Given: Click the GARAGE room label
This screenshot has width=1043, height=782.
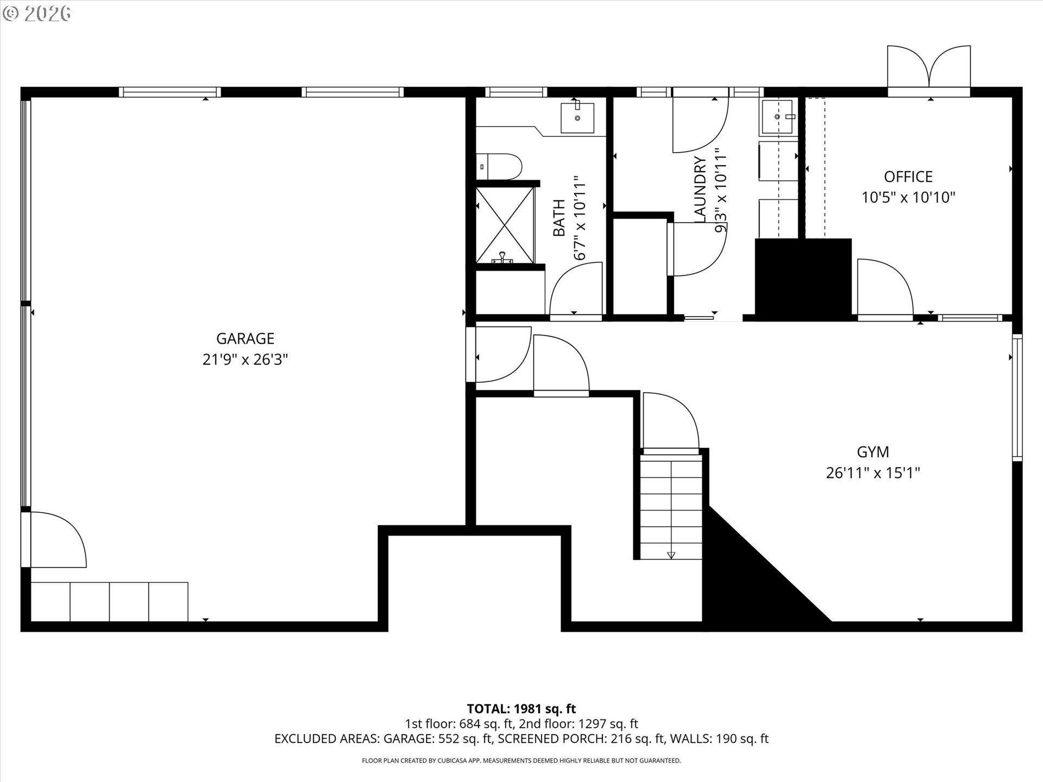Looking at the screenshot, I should click(x=245, y=338).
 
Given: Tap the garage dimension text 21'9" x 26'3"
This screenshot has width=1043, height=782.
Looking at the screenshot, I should click(x=245, y=360).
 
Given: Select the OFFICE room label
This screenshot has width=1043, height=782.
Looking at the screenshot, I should click(x=908, y=176).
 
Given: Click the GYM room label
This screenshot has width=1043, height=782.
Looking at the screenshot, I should click(x=872, y=452).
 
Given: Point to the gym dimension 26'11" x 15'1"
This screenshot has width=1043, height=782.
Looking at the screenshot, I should click(x=872, y=473).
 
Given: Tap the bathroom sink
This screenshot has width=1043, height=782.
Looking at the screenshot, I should click(x=577, y=117).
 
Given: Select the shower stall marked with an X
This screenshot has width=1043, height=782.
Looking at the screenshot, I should click(x=505, y=224).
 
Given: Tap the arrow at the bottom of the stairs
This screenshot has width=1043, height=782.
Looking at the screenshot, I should click(x=671, y=555).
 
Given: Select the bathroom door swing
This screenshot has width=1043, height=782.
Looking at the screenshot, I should click(x=576, y=288).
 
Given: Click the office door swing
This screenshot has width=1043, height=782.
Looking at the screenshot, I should click(x=884, y=286).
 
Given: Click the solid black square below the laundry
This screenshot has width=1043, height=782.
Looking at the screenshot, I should click(x=802, y=277).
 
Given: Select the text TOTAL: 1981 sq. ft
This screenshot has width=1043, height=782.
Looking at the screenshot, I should click(x=521, y=709).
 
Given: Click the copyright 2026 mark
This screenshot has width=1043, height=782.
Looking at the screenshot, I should click(x=36, y=14).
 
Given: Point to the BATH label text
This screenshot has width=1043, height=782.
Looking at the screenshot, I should click(x=559, y=218).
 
